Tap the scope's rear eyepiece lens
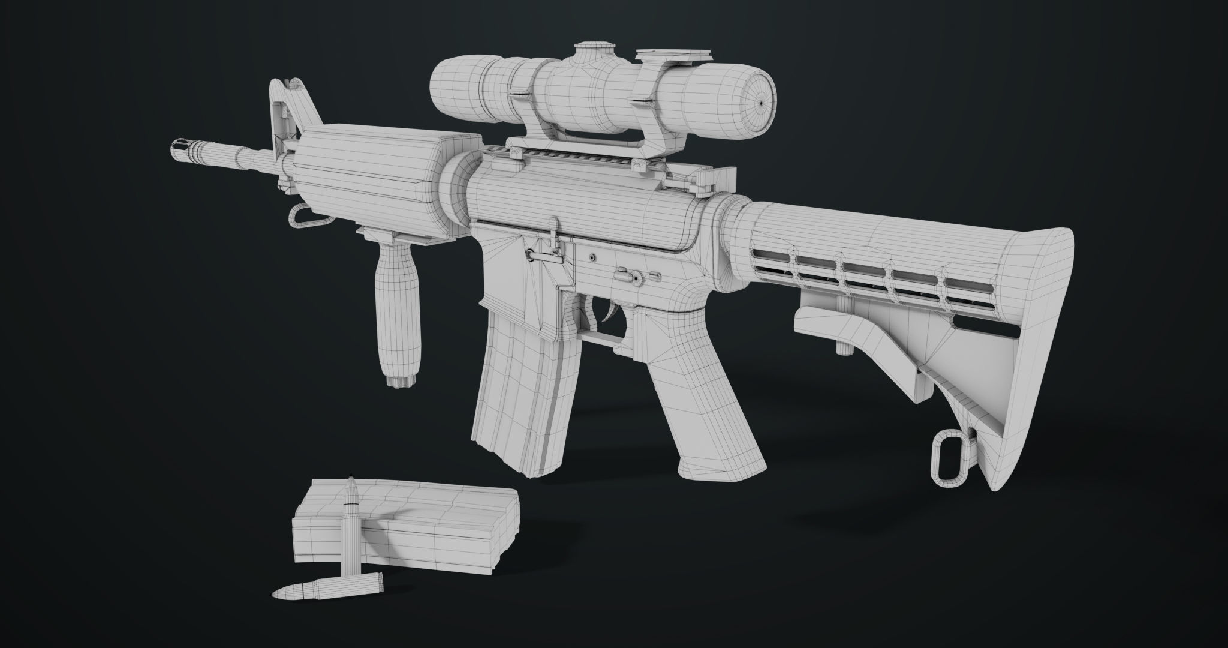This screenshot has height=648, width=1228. point(758,103)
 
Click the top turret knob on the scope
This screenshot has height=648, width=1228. point(594,50)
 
